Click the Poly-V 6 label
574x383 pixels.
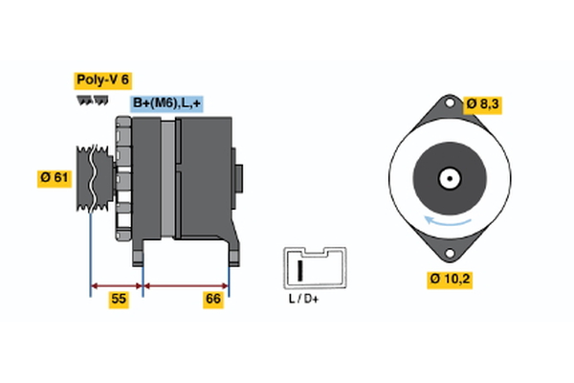tap(101, 80)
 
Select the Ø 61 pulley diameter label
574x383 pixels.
tap(55, 178)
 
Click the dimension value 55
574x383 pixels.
tap(119, 300)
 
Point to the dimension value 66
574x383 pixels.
tap(213, 300)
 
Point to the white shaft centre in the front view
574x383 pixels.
tap(447, 179)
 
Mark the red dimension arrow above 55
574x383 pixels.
tap(117, 284)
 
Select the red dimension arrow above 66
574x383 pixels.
tap(186, 284)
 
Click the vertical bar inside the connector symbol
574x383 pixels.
tap(300, 269)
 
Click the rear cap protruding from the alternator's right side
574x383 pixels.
tap(239, 180)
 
